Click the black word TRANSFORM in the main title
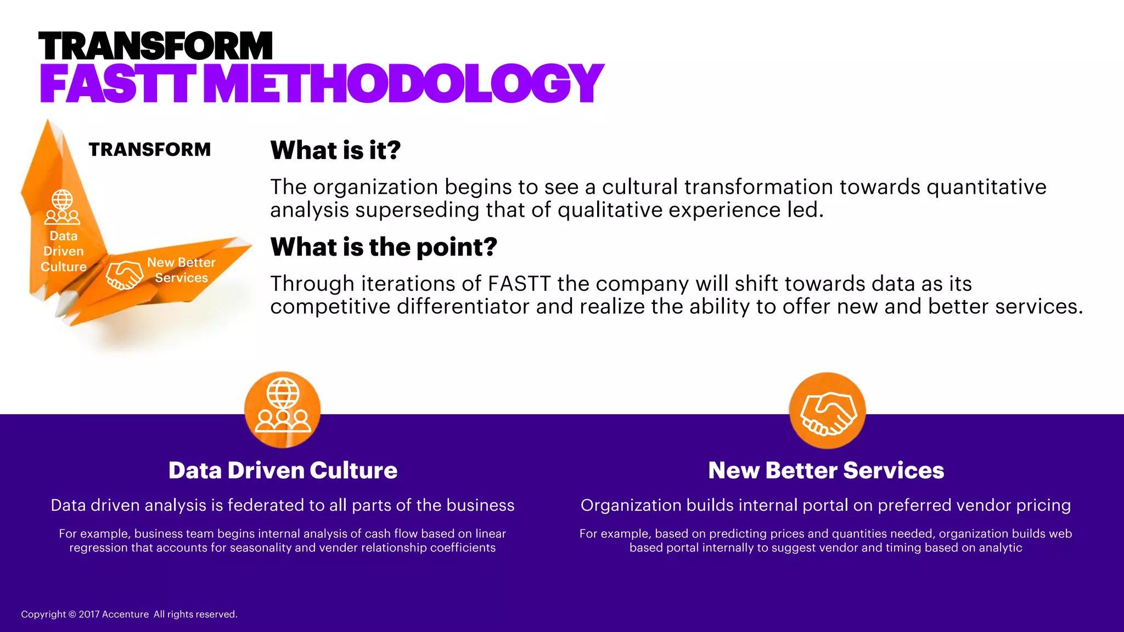(x=155, y=46)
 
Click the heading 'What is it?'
(x=335, y=150)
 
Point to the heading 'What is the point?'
(x=384, y=247)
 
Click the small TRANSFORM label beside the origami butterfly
(x=150, y=149)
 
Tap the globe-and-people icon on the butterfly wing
(x=62, y=207)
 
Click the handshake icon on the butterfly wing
(x=124, y=274)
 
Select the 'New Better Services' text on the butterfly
(x=181, y=270)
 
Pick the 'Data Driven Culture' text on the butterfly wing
(x=64, y=251)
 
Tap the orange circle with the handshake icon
(x=827, y=411)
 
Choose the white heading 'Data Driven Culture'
(x=283, y=470)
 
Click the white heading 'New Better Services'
(x=826, y=470)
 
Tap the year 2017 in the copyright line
(x=89, y=614)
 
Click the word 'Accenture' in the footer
(x=126, y=614)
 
